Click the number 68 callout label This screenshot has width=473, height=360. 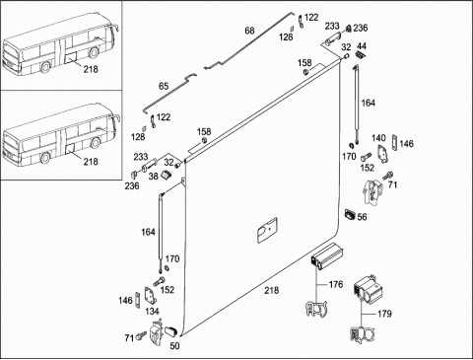point(249,31)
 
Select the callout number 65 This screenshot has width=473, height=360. point(164,86)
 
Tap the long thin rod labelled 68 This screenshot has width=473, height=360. point(248,41)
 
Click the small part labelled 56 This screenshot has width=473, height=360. point(350,215)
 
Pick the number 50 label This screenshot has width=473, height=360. point(174,346)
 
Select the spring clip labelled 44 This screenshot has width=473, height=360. point(361,54)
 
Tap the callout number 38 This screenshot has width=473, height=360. point(153,177)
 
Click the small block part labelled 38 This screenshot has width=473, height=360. point(167,175)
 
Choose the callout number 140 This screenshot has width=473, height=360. point(378,138)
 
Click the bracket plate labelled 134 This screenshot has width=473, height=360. point(151,296)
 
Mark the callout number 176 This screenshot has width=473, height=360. point(336,284)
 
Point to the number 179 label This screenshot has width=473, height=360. point(384,314)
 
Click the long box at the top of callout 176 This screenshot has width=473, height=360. point(327,255)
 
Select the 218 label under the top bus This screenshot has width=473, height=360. point(91,69)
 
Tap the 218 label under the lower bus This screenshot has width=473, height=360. point(91,162)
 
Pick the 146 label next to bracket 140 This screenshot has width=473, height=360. point(406,144)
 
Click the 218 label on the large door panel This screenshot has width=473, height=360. point(272,290)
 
